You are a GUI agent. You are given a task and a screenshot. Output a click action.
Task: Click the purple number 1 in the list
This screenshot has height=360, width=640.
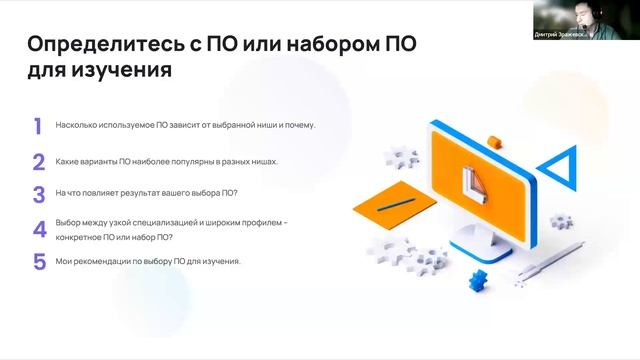click(37, 126)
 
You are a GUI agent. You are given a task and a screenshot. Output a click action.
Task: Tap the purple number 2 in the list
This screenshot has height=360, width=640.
click(38, 162)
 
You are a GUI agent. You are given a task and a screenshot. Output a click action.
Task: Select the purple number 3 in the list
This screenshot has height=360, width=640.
click(38, 195)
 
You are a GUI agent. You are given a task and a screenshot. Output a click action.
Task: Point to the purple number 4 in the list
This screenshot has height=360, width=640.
click(39, 229)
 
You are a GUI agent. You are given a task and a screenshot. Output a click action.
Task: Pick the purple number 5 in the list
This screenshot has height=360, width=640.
click(39, 262)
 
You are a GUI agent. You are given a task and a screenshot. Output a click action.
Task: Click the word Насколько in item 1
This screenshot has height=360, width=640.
click(76, 126)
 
